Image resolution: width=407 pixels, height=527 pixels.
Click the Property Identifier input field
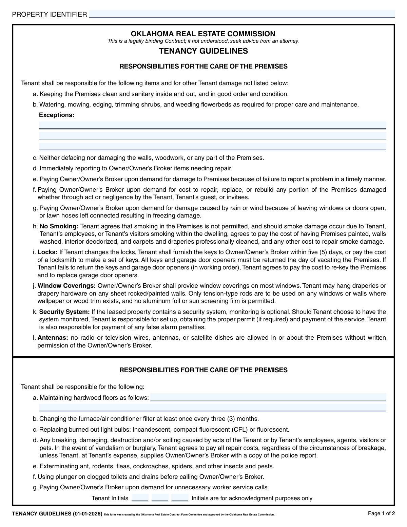point(241,14)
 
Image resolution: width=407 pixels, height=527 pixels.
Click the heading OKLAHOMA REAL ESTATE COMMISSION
point(203,34)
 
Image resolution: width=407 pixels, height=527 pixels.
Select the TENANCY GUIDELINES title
point(203,51)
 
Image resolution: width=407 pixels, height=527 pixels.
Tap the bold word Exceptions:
point(57,115)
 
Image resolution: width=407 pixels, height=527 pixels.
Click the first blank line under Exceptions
point(212,125)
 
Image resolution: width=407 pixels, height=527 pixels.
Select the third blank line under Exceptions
point(212,147)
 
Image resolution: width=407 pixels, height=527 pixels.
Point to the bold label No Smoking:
point(59,226)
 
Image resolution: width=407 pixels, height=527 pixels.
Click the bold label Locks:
point(47,252)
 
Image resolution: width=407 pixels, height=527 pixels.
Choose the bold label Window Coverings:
point(66,286)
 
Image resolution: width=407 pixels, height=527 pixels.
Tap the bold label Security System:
point(64,312)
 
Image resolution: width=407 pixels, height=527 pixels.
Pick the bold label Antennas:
point(53,338)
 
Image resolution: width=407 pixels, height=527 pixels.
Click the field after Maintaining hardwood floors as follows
point(268,397)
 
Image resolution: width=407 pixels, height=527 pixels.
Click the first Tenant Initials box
point(140,498)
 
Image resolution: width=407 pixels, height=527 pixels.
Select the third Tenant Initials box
point(180,498)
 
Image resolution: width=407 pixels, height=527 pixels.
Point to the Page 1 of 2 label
point(382,513)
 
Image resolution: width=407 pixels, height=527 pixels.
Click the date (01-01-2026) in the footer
point(87,514)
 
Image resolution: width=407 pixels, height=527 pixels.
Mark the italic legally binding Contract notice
point(203,41)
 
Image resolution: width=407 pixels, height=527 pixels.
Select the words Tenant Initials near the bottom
point(110,498)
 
